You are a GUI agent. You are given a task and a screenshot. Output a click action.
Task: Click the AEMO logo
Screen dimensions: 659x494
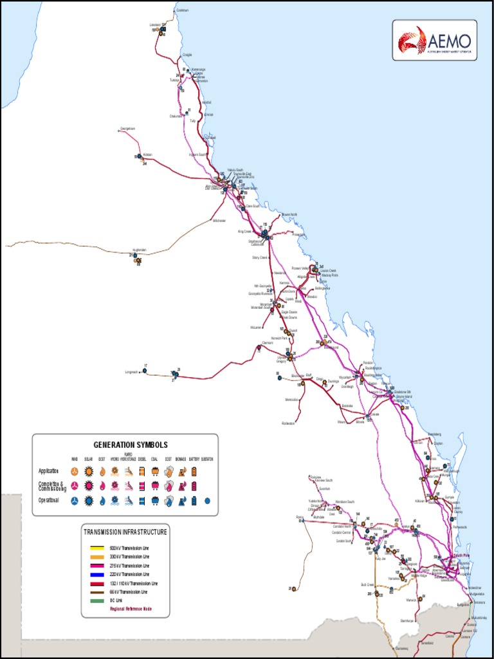(x=435, y=39)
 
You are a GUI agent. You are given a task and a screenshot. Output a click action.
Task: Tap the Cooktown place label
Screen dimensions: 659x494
(x=183, y=10)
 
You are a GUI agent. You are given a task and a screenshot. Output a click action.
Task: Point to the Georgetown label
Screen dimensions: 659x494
(x=128, y=129)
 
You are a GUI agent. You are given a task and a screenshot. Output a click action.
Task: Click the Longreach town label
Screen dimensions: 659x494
(x=131, y=372)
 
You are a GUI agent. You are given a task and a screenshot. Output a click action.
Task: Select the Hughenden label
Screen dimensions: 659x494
(x=140, y=250)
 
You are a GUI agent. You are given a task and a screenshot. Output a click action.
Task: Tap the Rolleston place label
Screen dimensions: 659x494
(x=288, y=423)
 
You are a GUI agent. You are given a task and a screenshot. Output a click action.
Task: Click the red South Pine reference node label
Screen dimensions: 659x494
(x=462, y=555)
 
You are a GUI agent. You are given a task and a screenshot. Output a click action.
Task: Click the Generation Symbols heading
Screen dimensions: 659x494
(x=131, y=445)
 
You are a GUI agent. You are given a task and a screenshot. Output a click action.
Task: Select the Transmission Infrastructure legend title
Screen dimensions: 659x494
(x=125, y=532)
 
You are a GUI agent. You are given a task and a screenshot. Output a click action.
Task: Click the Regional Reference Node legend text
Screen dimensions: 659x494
(x=131, y=609)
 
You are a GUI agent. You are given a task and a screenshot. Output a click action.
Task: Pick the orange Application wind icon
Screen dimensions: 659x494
(x=75, y=472)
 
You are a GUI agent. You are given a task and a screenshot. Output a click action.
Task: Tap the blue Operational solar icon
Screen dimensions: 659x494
(x=89, y=500)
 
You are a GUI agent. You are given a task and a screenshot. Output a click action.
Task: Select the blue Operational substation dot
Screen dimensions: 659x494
(x=207, y=500)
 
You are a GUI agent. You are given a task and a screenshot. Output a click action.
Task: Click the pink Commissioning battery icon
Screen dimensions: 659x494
(x=194, y=486)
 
